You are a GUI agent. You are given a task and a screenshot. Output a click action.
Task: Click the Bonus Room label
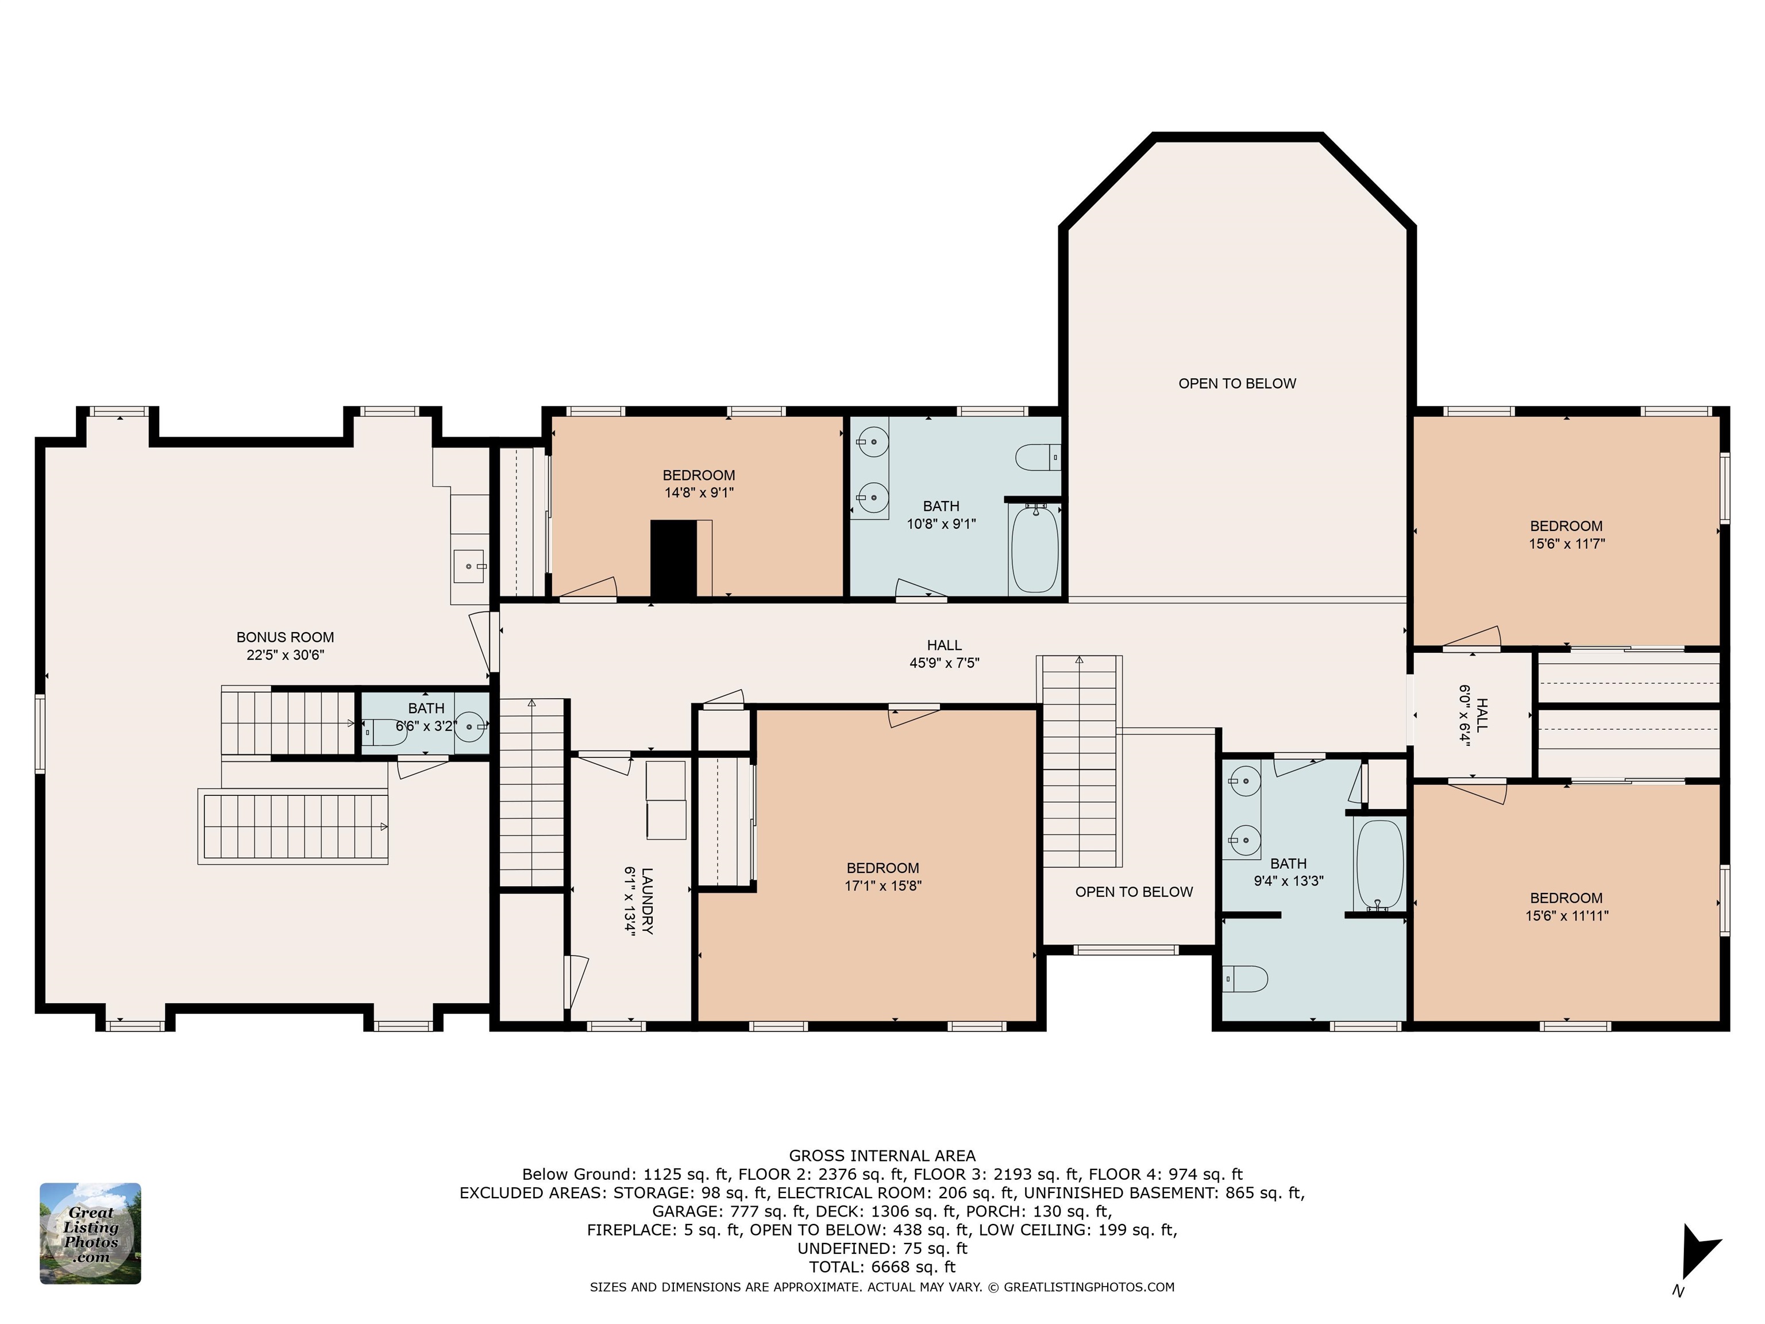(x=285, y=637)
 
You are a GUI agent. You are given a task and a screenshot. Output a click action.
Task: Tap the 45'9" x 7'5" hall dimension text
(x=944, y=663)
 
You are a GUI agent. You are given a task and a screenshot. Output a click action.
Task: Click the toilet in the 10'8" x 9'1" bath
(x=1037, y=457)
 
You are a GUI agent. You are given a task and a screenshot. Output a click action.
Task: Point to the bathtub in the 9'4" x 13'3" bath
(x=1379, y=864)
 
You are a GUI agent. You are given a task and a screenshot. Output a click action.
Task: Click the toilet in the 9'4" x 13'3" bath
(x=1245, y=979)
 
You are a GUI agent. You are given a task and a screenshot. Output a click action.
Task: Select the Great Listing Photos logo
(x=90, y=1233)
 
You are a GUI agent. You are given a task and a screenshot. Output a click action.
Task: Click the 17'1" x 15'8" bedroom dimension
(x=882, y=885)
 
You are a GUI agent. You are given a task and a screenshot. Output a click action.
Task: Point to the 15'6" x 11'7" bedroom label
(x=1566, y=534)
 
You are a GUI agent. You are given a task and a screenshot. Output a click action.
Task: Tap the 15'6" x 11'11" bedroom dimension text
(x=1566, y=915)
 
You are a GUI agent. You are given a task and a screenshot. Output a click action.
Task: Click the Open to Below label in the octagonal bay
(x=1237, y=383)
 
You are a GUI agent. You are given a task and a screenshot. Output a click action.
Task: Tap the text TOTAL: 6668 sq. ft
(x=882, y=1267)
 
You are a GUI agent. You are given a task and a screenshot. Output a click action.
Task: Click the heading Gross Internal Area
(x=882, y=1156)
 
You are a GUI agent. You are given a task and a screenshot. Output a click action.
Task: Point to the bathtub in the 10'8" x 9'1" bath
(x=1035, y=548)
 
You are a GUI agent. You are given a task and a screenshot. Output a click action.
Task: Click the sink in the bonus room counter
(x=470, y=566)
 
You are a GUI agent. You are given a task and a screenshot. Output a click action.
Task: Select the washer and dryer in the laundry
(x=665, y=800)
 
